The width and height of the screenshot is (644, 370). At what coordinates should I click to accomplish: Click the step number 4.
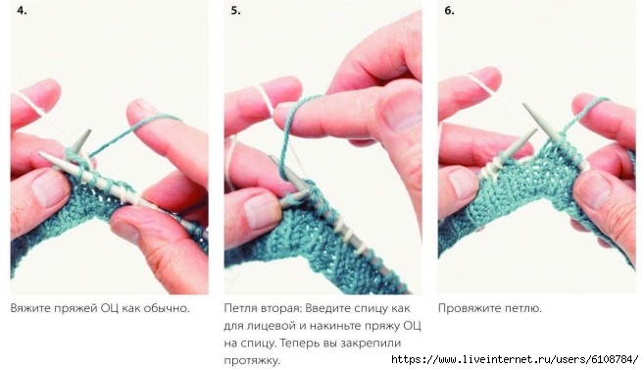[x=23, y=11]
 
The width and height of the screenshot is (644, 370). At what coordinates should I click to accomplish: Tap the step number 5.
[x=235, y=11]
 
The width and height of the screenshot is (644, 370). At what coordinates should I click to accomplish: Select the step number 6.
[x=449, y=11]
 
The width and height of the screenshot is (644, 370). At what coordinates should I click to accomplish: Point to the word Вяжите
[x=30, y=308]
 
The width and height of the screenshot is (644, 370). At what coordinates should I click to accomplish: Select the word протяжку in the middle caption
[x=252, y=361]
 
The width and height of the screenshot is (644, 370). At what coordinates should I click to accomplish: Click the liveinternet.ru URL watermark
[x=515, y=359]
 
